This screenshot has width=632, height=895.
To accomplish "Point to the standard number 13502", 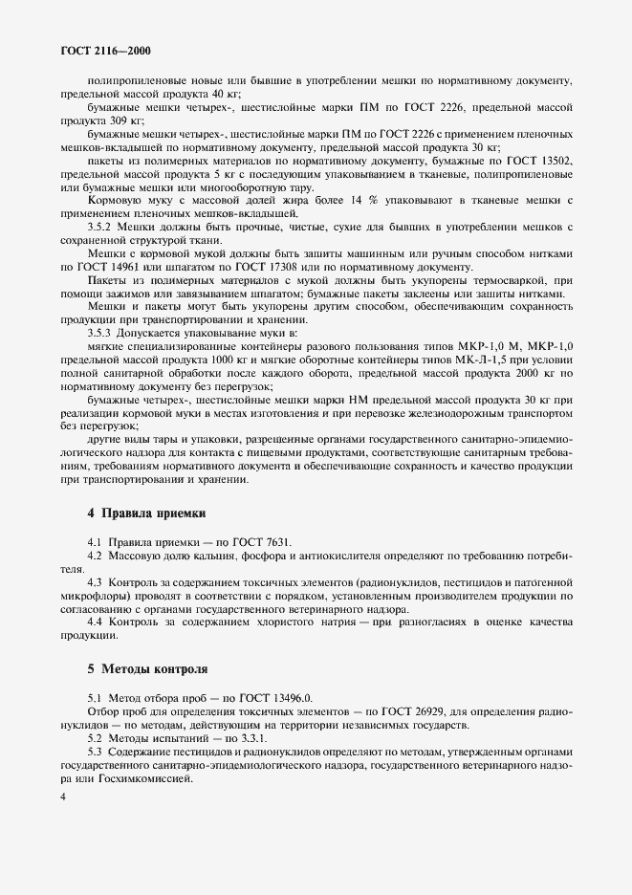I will (553, 161).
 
